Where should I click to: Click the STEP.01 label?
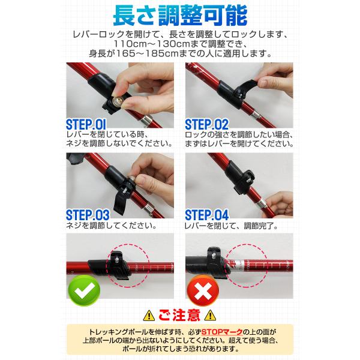(86, 124)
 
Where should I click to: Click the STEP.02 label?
(206, 124)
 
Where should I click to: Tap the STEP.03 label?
(88, 215)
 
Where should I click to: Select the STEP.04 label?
(206, 215)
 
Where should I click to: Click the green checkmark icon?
(84, 290)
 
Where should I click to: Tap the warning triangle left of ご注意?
(149, 316)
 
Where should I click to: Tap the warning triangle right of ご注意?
(210, 316)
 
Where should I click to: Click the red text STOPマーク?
(222, 332)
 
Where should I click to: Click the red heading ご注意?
(179, 315)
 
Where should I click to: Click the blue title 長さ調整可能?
(180, 16)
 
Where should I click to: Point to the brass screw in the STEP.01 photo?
(118, 100)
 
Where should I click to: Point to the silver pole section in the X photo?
(238, 265)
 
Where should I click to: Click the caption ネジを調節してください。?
(112, 226)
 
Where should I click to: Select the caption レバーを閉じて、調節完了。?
(232, 226)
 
